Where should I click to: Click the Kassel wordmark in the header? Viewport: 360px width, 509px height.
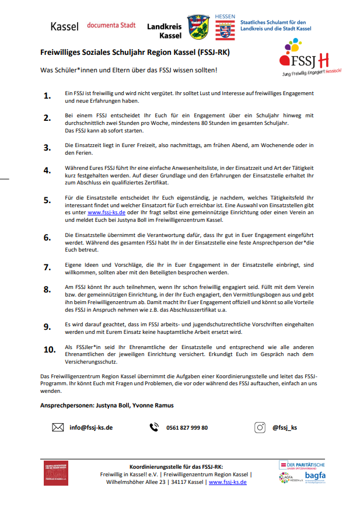[x=65, y=26]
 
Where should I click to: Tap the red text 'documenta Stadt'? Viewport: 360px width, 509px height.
[x=111, y=25]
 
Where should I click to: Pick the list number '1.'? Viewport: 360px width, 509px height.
[x=48, y=96]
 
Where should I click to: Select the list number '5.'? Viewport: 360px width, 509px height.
[x=48, y=200]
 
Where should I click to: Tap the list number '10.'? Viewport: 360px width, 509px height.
[x=49, y=350]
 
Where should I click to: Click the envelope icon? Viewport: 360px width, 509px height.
[x=58, y=427]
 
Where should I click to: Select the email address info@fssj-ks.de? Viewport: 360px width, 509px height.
[x=91, y=427]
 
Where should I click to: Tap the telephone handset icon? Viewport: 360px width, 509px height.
[x=154, y=427]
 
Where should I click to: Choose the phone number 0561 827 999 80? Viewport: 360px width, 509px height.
[x=187, y=427]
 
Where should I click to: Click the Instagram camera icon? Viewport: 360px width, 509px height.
[x=260, y=427]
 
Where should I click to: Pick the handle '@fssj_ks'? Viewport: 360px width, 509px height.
[x=285, y=427]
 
